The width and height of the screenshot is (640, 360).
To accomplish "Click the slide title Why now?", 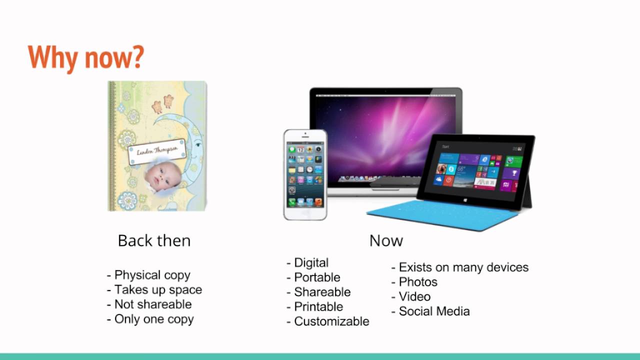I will tap(86, 58).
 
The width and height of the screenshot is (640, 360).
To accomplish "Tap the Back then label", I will tap(154, 241).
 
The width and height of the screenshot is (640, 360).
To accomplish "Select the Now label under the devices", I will tap(386, 241).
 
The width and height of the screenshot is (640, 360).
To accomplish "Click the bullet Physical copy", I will tap(152, 275).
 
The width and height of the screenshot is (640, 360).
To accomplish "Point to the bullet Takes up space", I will tap(158, 290).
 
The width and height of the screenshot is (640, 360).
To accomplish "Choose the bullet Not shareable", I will tap(152, 304).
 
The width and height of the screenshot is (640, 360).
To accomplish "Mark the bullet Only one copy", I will tap(153, 319).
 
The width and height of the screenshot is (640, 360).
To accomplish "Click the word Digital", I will tap(311, 263).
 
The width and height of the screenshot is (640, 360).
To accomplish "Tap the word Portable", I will tap(317, 277).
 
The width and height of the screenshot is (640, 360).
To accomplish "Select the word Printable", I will tap(318, 306).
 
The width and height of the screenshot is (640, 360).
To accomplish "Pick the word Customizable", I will tap(331, 321).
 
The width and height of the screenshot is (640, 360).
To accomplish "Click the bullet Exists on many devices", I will tap(463, 267).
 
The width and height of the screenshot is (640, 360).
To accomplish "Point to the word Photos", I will tap(418, 282).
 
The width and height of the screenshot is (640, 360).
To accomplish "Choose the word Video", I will tap(414, 296).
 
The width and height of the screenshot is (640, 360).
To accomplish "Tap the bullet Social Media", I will tap(434, 311).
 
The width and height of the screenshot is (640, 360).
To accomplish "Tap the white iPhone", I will tap(305, 174).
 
